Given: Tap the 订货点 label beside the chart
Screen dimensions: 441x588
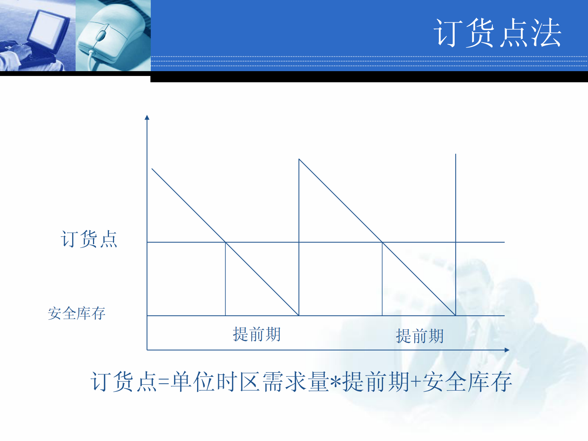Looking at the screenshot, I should [x=89, y=239].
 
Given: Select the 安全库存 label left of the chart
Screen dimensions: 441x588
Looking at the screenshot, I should [x=77, y=314].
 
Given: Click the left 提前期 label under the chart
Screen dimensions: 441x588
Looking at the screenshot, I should [x=256, y=334].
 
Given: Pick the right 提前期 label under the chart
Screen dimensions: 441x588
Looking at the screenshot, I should [x=419, y=336].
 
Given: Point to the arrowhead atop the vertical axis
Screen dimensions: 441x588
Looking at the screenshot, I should [x=147, y=117].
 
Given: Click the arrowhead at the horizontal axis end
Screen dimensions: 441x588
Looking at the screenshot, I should [x=507, y=349].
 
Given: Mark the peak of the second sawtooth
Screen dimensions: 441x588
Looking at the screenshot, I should [x=299, y=159].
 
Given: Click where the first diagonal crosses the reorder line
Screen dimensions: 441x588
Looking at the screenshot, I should [x=226, y=242].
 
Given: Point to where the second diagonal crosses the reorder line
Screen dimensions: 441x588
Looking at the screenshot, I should [x=382, y=242].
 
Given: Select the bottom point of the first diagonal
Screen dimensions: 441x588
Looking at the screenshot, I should [x=299, y=315].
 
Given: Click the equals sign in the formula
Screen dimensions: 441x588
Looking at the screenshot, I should [x=163, y=382].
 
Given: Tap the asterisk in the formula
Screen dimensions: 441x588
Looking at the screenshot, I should [x=336, y=382].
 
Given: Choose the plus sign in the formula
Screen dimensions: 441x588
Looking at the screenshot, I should [x=416, y=382].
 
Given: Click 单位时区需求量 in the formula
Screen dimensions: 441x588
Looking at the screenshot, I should [x=249, y=382].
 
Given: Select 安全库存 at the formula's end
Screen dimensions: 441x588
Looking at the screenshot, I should [x=467, y=382].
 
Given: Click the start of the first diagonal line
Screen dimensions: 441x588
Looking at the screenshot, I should [x=152, y=169].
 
